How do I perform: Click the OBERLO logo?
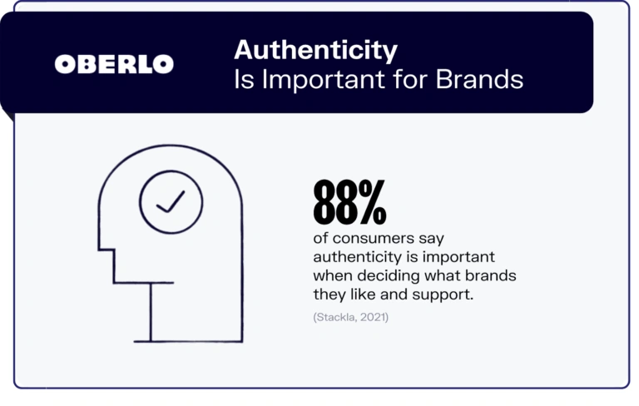tap(114, 64)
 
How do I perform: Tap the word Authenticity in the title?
tap(304, 50)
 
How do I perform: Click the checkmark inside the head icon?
tap(171, 201)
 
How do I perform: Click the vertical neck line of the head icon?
tap(150, 312)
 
